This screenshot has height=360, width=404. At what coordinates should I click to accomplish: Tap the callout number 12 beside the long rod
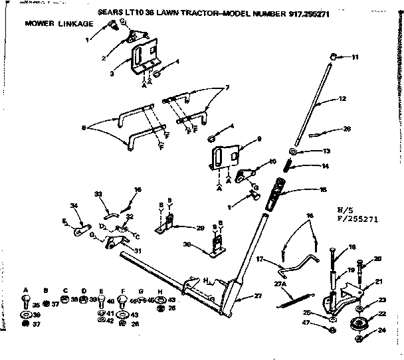343,98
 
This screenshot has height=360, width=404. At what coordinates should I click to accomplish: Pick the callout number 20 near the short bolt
378,259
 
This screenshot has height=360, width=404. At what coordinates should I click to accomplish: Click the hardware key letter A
25,290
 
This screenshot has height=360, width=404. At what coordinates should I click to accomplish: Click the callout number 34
74,205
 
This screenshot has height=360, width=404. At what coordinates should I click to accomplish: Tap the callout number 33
98,194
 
